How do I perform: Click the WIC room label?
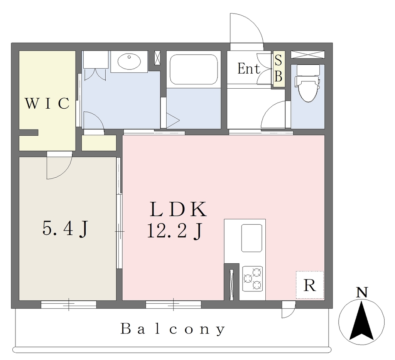[x=47, y=103]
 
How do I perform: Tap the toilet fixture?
[x=307, y=83]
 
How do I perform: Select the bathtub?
[x=194, y=69]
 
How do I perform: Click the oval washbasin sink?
[x=129, y=61]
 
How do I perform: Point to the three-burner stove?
[x=252, y=279]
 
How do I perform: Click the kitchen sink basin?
[x=252, y=238]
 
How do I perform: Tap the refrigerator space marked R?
[x=310, y=285]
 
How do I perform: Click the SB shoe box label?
[x=278, y=69]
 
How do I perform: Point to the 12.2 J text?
[x=175, y=230]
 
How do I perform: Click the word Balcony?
[x=173, y=329]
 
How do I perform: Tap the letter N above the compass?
[x=362, y=293]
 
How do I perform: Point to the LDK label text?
[x=178, y=209]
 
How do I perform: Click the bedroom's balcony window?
[x=69, y=304]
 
